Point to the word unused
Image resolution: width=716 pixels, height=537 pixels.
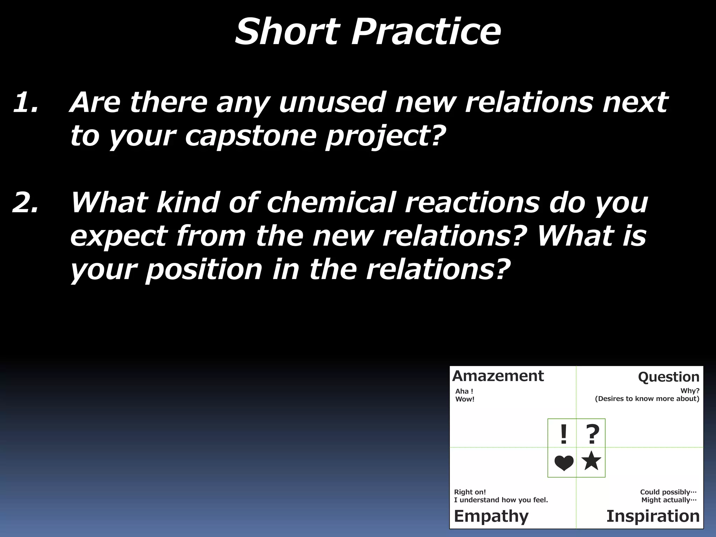(x=332, y=102)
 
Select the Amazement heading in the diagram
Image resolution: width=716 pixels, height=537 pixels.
(x=498, y=376)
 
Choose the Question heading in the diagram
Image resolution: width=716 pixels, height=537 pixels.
(x=668, y=377)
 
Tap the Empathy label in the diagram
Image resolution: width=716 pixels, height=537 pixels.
(x=491, y=516)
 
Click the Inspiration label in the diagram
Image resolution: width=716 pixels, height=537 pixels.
(x=653, y=516)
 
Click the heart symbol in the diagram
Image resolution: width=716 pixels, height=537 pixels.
(x=564, y=463)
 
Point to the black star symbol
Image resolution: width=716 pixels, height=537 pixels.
(x=591, y=461)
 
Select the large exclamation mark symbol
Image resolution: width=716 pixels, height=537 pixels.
(x=563, y=435)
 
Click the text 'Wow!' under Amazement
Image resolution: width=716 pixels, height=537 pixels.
(x=465, y=399)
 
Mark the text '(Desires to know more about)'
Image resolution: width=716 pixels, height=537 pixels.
(x=647, y=399)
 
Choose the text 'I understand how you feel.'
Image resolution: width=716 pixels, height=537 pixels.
(x=501, y=500)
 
